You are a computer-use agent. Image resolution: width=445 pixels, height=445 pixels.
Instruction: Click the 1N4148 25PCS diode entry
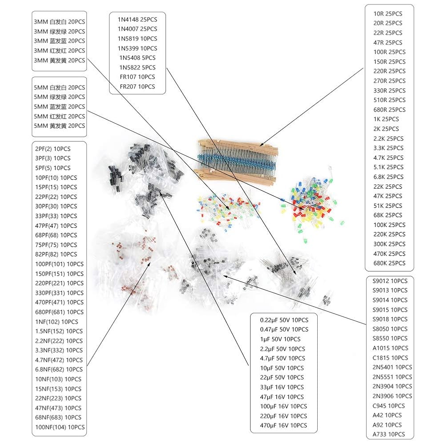click(137, 19)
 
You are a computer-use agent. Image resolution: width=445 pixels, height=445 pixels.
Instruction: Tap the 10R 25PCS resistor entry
click(387, 13)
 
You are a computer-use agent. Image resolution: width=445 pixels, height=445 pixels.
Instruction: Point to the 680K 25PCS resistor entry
click(389, 263)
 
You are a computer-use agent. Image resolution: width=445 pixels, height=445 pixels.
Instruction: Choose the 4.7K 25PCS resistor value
click(388, 158)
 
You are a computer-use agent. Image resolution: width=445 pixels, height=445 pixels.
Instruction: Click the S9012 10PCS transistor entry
click(390, 281)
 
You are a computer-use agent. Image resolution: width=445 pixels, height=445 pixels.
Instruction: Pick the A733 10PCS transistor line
click(388, 434)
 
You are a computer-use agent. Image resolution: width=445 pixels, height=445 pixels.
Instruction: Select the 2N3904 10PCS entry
click(392, 386)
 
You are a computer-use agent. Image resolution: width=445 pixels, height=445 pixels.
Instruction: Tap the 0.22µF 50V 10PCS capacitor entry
click(284, 320)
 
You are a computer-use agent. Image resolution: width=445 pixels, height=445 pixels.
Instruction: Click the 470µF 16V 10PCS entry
click(283, 425)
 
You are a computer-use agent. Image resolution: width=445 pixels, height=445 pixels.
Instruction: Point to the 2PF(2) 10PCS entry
click(53, 149)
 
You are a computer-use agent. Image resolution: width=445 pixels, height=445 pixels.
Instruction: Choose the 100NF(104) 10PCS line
click(59, 427)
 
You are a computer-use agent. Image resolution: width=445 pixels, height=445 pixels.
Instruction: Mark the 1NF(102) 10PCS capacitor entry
click(56, 322)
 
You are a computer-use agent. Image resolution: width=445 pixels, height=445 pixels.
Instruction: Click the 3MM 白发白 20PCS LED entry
click(59, 22)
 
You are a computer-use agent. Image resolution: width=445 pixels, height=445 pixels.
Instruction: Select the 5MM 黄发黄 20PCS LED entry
click(59, 126)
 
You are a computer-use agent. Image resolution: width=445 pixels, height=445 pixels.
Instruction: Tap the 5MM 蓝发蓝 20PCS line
click(59, 107)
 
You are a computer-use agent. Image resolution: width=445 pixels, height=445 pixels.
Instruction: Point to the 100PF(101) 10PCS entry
click(59, 264)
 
